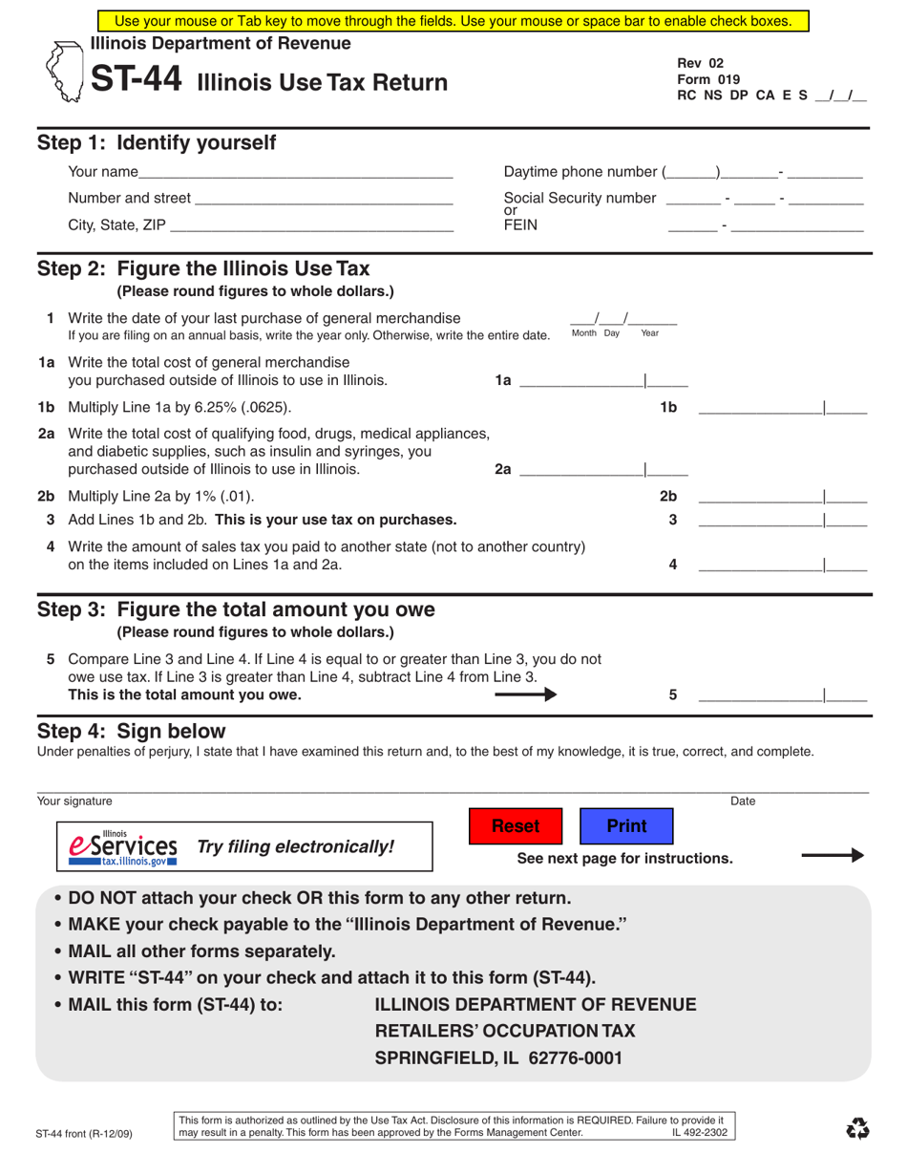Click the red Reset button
(x=516, y=825)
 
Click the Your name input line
(x=295, y=173)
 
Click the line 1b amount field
(x=782, y=408)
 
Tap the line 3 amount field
(x=782, y=521)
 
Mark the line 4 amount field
(x=782, y=565)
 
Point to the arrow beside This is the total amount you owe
(x=525, y=695)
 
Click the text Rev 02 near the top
(x=694, y=63)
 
